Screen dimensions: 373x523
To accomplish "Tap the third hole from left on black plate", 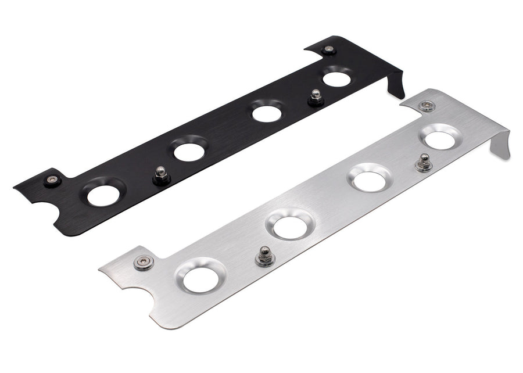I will click(x=267, y=113).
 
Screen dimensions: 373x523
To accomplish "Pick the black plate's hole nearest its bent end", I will click(x=337, y=79).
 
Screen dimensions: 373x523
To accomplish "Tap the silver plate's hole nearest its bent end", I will click(x=440, y=139).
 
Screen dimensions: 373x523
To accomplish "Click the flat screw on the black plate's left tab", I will click(x=53, y=180).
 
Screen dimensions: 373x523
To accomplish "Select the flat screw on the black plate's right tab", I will click(x=329, y=49).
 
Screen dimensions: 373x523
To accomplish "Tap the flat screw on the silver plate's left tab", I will click(x=143, y=262).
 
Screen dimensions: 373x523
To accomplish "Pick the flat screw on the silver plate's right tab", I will click(x=427, y=105).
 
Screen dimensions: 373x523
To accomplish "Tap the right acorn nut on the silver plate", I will click(x=423, y=163).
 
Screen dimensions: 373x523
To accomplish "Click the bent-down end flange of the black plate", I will click(x=396, y=84).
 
